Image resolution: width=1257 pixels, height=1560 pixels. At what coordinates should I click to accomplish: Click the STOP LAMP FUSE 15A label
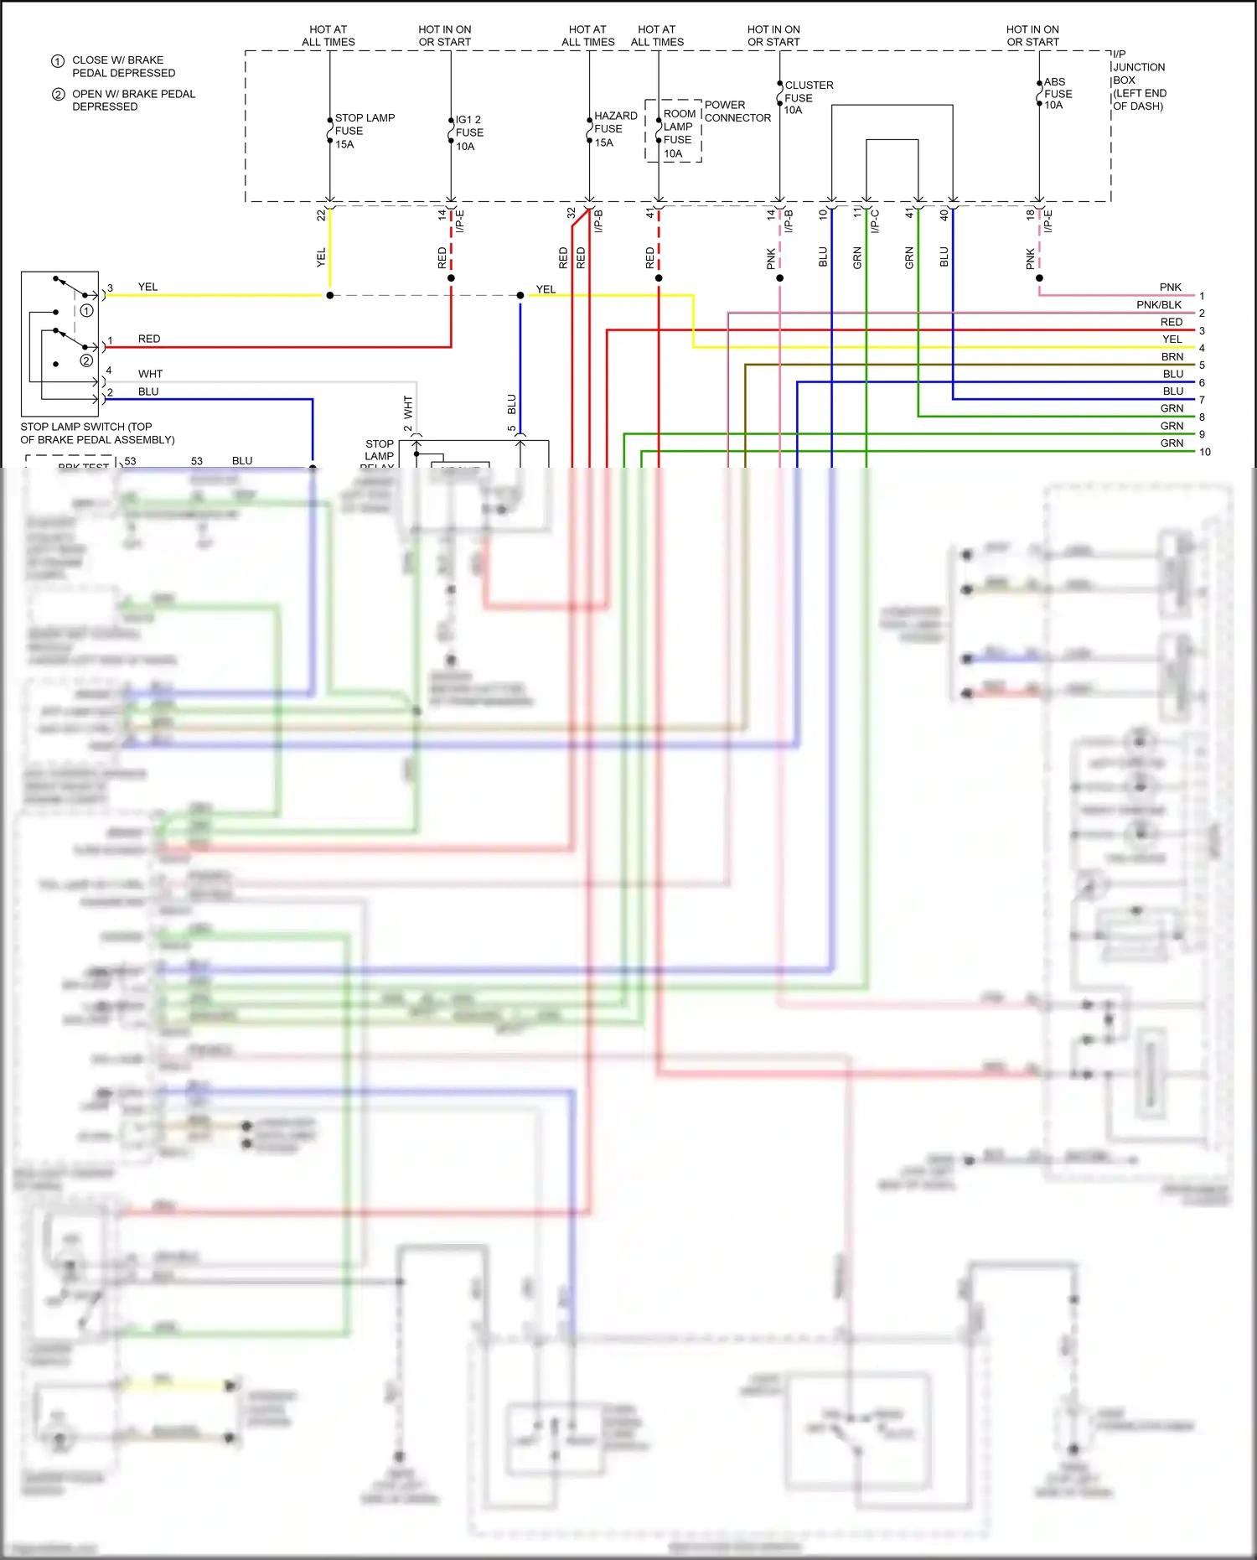tap(364, 131)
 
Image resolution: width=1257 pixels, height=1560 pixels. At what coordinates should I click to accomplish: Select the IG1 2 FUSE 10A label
tap(469, 132)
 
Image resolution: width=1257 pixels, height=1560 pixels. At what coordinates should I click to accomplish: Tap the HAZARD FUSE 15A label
tap(615, 129)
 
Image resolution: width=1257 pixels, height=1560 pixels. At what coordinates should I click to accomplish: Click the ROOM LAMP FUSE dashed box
tap(673, 131)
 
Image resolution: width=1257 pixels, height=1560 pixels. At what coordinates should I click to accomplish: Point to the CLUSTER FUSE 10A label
tap(808, 97)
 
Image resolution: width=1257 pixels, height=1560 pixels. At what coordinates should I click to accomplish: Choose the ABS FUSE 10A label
tap(1058, 93)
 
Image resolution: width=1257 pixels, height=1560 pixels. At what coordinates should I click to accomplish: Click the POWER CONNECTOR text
tap(737, 111)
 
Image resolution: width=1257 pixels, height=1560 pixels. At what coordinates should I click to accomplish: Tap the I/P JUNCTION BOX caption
tap(1138, 80)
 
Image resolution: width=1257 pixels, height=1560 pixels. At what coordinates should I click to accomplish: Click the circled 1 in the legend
tap(58, 61)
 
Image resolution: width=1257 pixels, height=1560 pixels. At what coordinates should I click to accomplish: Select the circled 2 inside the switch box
tap(86, 360)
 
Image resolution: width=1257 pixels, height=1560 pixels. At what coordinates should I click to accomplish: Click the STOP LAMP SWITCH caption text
tap(97, 433)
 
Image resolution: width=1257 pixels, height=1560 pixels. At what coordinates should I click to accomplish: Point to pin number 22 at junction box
tap(321, 215)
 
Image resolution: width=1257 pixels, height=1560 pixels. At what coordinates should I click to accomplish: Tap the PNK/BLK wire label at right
tap(1158, 305)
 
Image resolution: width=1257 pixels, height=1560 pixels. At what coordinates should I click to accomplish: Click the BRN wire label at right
tap(1172, 357)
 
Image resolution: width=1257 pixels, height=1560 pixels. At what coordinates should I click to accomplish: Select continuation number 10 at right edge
tap(1204, 452)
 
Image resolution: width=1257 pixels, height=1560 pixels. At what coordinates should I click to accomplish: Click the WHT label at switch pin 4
tap(150, 374)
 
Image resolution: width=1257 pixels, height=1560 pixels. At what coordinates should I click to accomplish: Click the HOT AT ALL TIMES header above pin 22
tap(328, 35)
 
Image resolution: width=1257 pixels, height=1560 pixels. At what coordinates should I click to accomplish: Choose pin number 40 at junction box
tap(944, 215)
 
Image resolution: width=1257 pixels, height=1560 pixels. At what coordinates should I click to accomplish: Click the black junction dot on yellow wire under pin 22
tap(329, 295)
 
